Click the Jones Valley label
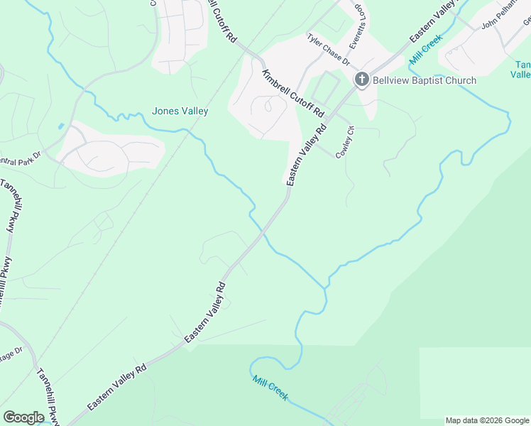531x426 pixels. pos(180,111)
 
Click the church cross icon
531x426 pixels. pos(361,80)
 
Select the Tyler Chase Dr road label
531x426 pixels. pos(329,50)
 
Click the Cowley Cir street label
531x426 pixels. pos(345,143)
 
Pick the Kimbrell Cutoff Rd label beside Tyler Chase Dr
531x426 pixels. pos(292,94)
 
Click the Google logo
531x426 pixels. pos(24,417)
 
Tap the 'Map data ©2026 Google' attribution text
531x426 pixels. pos(488,420)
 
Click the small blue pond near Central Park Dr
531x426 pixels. pos(62,126)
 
